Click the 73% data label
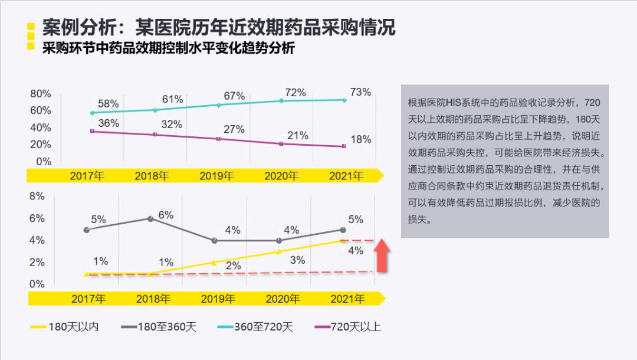point(360,92)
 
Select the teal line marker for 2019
point(218,104)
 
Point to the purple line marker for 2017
point(92,131)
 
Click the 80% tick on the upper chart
point(41,94)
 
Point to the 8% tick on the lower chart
point(37,197)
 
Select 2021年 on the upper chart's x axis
point(346,176)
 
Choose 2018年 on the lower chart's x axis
point(153,299)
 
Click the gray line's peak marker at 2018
point(150,218)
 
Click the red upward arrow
point(382,255)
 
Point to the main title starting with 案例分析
point(218,27)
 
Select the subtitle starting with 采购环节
point(168,48)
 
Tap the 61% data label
point(172,100)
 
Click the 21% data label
point(298,136)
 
